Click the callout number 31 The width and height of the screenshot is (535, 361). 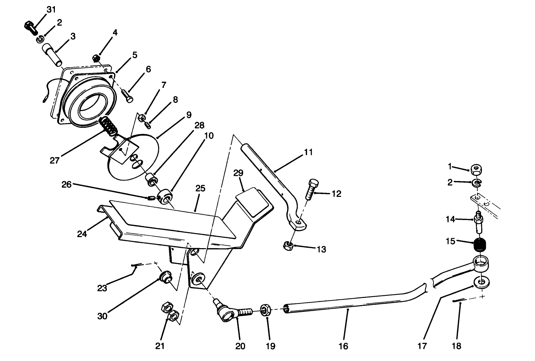pyautogui.click(x=51, y=10)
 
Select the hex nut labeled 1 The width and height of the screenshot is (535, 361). pyautogui.click(x=476, y=169)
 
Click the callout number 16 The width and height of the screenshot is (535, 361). pyautogui.click(x=343, y=346)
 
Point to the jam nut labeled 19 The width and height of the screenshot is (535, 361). pyautogui.click(x=265, y=309)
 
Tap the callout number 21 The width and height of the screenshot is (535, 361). pyautogui.click(x=160, y=346)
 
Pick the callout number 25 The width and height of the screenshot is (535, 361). pyautogui.click(x=200, y=188)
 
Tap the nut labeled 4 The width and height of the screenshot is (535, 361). pyautogui.click(x=96, y=57)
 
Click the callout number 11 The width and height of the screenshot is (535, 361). pyautogui.click(x=308, y=152)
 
